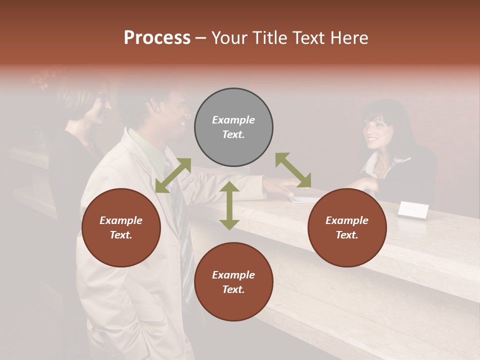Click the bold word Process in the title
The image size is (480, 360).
point(157,38)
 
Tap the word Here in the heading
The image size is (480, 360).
point(348,38)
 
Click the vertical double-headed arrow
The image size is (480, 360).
point(229,205)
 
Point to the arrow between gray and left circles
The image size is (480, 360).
point(173,175)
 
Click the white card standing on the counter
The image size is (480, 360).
point(413,210)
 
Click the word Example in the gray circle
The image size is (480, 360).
point(233,120)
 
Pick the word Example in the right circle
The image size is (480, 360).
point(347,220)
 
